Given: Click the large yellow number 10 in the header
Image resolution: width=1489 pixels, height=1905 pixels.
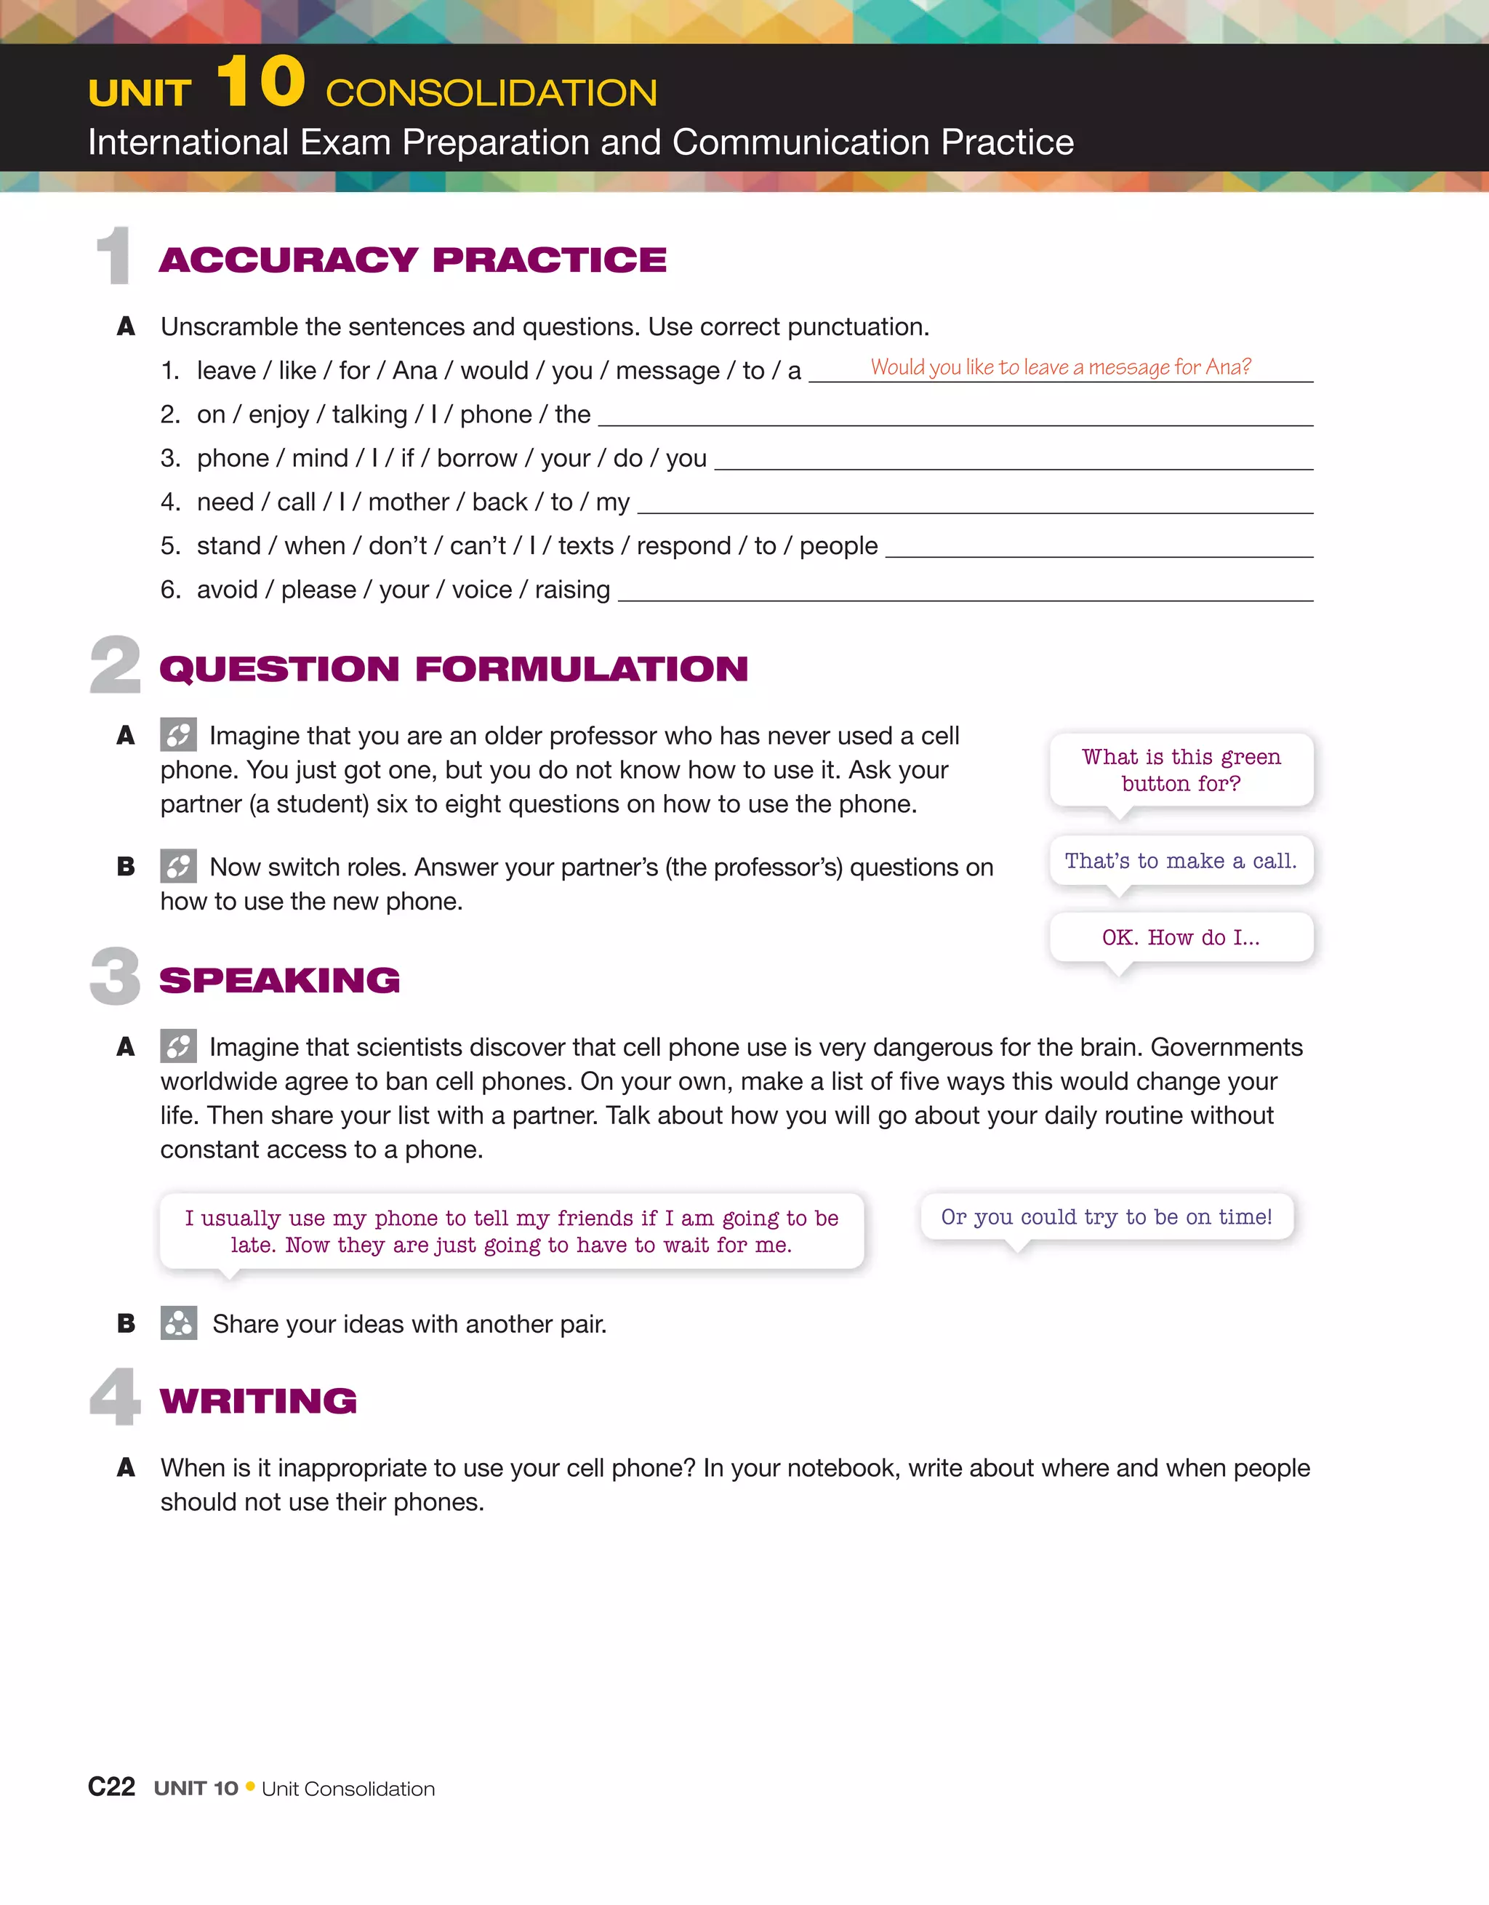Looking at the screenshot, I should (x=261, y=82).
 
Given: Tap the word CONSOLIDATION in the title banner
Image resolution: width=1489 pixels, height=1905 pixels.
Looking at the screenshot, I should (x=491, y=93).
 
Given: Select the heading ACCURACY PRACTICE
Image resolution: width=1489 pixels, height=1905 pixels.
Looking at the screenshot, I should (x=412, y=260).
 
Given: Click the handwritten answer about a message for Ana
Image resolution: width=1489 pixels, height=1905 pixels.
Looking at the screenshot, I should (x=1060, y=367).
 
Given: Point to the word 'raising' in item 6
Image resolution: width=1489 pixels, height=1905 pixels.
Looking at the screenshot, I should (x=572, y=590).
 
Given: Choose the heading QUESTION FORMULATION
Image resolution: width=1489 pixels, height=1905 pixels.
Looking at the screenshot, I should (x=454, y=669).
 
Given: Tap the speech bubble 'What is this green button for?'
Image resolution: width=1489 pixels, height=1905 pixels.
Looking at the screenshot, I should (x=1181, y=770).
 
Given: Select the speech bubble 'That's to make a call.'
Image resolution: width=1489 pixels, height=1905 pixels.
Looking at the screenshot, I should (x=1181, y=861).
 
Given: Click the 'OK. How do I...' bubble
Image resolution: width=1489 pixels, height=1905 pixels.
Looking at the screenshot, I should (x=1181, y=938).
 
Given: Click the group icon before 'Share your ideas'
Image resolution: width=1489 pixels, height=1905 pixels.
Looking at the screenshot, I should (x=179, y=1323).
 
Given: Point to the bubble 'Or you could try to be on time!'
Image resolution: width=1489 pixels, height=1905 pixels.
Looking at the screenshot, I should (x=1106, y=1216).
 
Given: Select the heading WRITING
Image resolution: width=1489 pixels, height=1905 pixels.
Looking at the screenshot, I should (x=258, y=1401).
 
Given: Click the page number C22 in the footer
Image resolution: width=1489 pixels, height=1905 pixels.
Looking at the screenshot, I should (x=112, y=1787).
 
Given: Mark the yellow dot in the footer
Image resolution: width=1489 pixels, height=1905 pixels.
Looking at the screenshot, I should (x=250, y=1786).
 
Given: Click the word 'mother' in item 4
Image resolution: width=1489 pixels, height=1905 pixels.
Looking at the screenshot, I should (x=408, y=502).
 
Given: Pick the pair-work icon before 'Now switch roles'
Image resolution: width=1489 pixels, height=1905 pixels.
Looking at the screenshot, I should (x=179, y=866).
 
